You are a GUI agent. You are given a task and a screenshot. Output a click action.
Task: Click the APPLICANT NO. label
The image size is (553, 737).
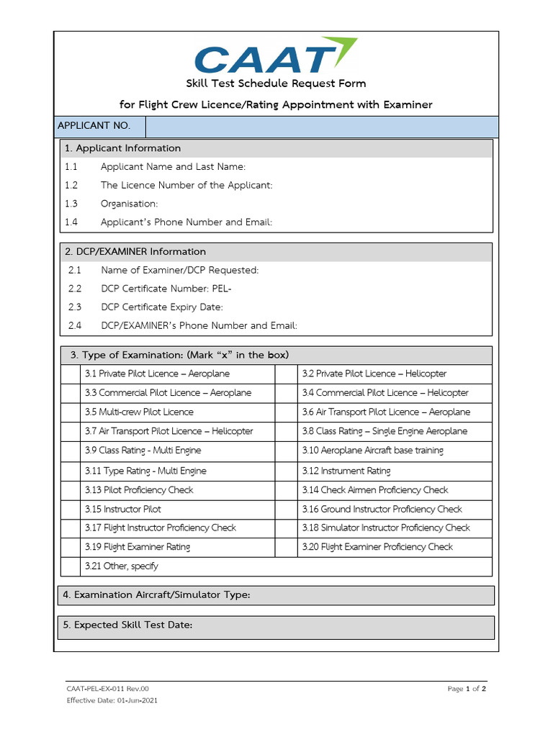click(x=94, y=126)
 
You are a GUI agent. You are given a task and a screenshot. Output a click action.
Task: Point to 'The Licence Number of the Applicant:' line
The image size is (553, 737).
click(x=186, y=185)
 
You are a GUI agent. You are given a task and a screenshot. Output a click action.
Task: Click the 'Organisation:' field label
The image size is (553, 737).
click(x=129, y=204)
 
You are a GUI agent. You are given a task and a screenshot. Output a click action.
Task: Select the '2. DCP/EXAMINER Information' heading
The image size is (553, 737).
click(x=135, y=252)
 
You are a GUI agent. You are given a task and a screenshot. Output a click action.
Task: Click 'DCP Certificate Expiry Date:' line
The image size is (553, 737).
click(x=162, y=307)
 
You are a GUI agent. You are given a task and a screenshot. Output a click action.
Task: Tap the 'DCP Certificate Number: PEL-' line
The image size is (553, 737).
click(x=166, y=289)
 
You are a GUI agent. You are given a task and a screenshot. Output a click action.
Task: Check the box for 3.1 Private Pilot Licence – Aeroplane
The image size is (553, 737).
click(x=71, y=374)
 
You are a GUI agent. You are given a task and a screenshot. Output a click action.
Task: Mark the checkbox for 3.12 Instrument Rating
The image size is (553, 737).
click(x=287, y=471)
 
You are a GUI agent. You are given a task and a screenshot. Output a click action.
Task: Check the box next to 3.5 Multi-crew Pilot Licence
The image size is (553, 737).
click(x=71, y=412)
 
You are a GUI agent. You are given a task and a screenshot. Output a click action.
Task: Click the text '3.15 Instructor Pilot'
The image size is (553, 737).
click(x=122, y=509)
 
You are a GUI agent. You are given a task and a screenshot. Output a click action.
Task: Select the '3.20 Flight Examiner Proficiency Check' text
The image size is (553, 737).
click(x=377, y=547)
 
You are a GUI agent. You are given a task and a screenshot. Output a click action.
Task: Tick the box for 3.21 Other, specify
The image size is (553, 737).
click(x=71, y=566)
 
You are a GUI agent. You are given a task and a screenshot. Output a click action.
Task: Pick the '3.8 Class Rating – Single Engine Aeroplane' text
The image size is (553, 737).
click(x=385, y=431)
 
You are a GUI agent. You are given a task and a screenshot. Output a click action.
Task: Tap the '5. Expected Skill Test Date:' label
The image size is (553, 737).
click(x=128, y=625)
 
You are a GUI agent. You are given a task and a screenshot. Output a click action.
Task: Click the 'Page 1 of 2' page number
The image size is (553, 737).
click(x=467, y=689)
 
